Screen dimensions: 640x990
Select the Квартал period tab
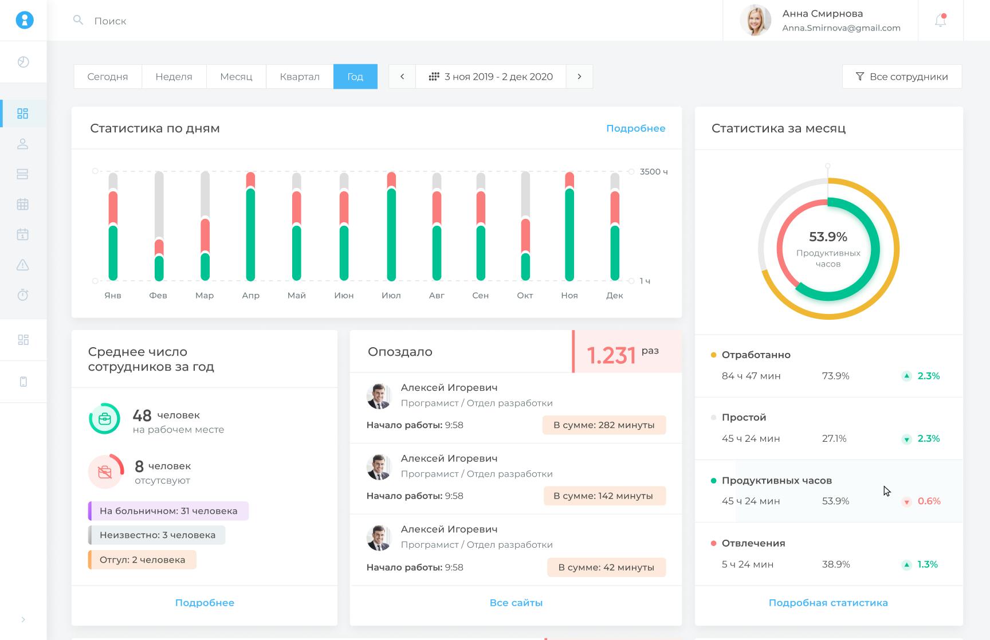[300, 77]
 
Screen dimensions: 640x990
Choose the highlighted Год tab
[355, 77]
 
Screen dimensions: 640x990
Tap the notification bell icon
[940, 21]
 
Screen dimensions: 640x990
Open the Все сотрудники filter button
[902, 77]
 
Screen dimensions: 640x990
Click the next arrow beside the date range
[579, 77]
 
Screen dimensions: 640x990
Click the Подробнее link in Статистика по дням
[635, 128]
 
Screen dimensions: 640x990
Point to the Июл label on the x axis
[391, 296]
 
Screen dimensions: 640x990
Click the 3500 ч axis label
[654, 172]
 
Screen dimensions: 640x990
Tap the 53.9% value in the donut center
[828, 237]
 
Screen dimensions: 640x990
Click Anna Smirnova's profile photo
[755, 21]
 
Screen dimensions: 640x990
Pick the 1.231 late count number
[611, 356]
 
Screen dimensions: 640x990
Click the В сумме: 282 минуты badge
[604, 425]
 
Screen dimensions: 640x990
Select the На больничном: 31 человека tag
[168, 511]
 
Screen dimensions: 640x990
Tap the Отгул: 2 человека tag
[142, 560]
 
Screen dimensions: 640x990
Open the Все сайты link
[516, 603]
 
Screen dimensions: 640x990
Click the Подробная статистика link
[828, 603]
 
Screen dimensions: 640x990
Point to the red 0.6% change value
[929, 501]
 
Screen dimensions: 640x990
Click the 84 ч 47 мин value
[751, 376]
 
